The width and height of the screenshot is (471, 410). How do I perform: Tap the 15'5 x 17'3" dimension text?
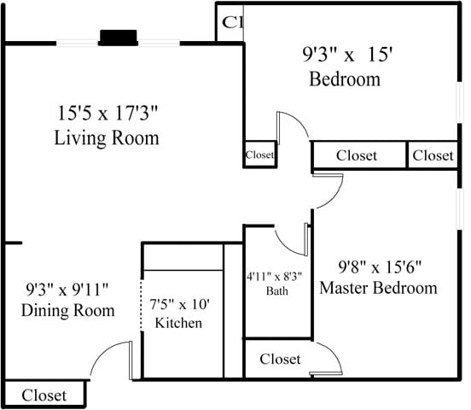[108, 113]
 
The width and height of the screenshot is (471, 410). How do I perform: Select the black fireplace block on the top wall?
[119, 38]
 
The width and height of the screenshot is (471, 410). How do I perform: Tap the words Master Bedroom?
[378, 288]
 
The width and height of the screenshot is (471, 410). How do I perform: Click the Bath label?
[276, 290]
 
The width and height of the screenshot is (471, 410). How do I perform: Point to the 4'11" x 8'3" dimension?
[276, 276]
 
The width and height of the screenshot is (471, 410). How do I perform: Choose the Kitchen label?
[177, 323]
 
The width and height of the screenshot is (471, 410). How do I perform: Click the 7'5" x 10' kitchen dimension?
[179, 304]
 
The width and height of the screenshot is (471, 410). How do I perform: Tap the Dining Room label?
[68, 310]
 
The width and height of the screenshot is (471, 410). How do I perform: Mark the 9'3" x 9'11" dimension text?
[67, 289]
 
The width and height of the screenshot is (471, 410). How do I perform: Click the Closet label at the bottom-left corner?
[44, 395]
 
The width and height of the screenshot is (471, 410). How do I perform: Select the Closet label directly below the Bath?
[281, 360]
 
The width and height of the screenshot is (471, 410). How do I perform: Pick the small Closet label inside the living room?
[259, 155]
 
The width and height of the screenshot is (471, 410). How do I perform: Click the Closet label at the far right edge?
[433, 155]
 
